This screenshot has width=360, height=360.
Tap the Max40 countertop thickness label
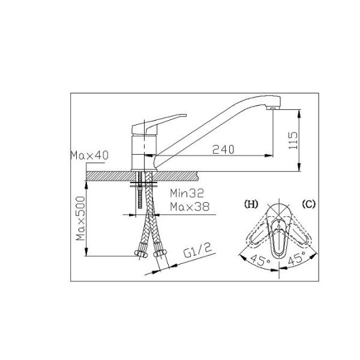click(x=89, y=155)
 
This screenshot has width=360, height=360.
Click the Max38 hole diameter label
click(x=187, y=207)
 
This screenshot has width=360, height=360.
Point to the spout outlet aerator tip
click(x=272, y=107)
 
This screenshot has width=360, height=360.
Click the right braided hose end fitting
click(x=159, y=255)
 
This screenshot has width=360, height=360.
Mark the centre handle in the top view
click(x=280, y=237)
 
